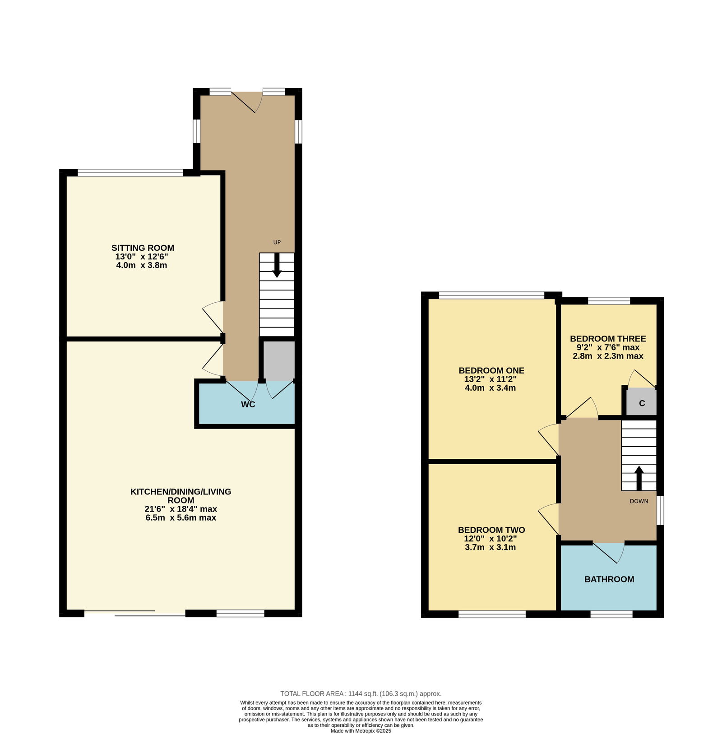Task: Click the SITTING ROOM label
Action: tap(143, 248)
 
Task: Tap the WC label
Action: tap(248, 404)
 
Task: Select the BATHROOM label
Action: tap(609, 579)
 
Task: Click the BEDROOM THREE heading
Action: tap(608, 338)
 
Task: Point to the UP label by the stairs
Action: tap(277, 242)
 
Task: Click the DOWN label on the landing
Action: tap(639, 501)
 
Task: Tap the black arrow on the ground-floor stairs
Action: tap(277, 265)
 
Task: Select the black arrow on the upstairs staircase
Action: tap(639, 478)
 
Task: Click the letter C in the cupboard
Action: tap(642, 403)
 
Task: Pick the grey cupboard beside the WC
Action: tap(279, 361)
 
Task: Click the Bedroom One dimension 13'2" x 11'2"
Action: tap(491, 379)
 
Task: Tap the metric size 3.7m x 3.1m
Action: tap(491, 547)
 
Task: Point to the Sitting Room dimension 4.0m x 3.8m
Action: tap(142, 265)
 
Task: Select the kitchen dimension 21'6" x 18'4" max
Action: tap(180, 509)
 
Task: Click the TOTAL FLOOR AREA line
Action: tap(361, 694)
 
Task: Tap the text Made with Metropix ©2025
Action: tap(361, 731)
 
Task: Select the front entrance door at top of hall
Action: tap(247, 102)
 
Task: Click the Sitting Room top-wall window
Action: tap(130, 172)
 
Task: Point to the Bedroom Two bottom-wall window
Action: tap(492, 614)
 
